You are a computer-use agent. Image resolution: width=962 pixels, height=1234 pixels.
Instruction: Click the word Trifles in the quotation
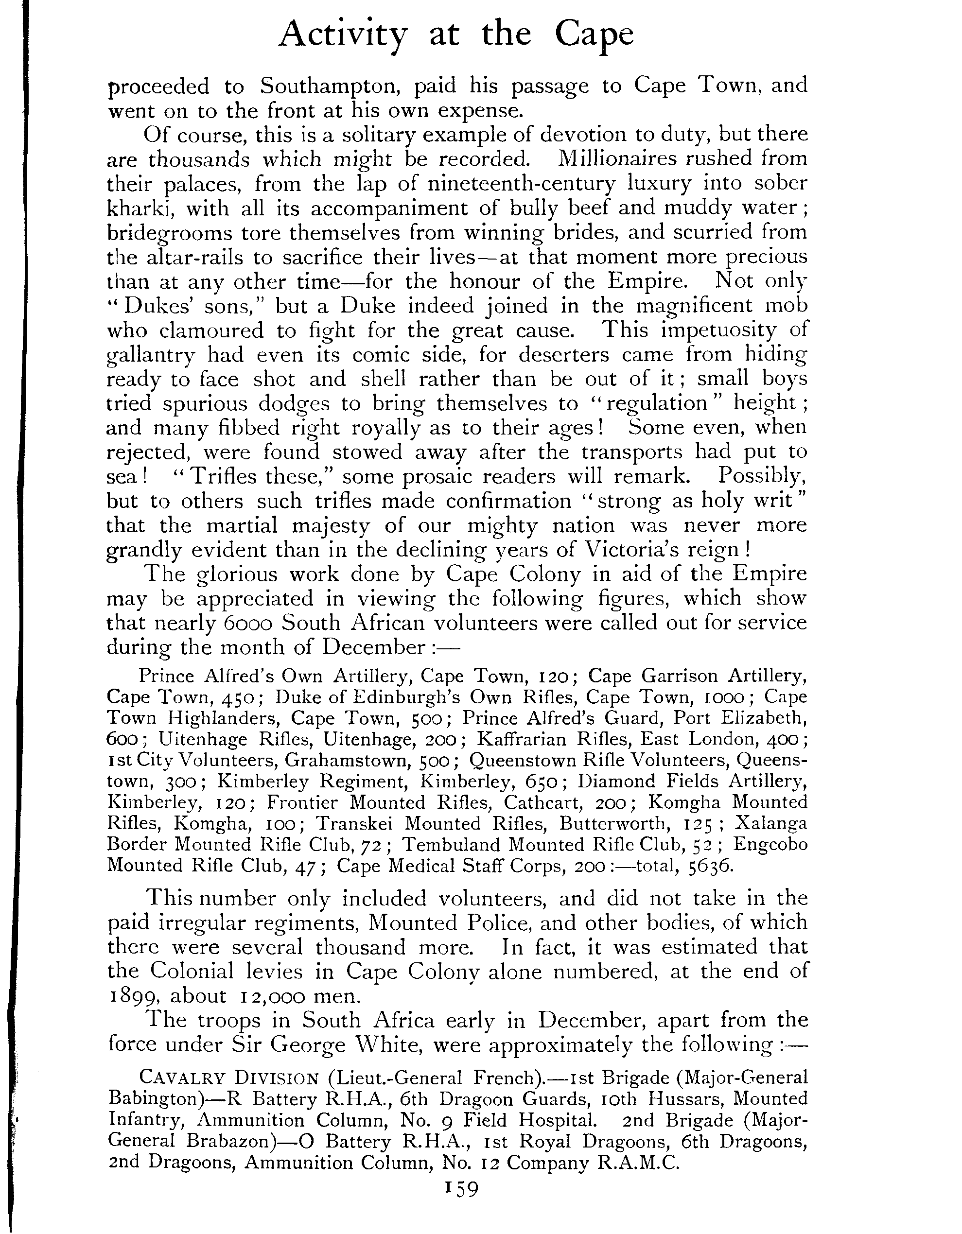pos(224,477)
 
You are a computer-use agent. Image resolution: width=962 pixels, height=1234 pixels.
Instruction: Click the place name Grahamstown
pos(347,760)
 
